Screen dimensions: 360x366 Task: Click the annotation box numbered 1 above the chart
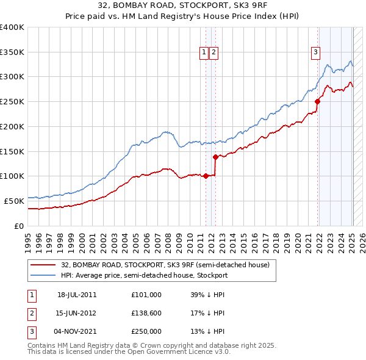[x=203, y=53]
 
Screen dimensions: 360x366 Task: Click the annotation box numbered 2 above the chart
[x=214, y=53]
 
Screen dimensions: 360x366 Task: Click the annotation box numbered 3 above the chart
[x=315, y=53]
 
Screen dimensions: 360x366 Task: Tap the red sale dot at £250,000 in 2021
[x=317, y=101]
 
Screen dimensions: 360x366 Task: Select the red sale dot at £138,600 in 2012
[x=215, y=157]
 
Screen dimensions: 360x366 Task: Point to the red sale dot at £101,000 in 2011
[x=206, y=176]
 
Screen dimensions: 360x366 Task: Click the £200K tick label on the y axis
[x=12, y=126]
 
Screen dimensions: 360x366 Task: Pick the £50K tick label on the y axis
[x=15, y=201]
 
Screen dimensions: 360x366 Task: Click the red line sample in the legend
[x=44, y=265]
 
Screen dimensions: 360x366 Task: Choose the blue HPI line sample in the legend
[x=44, y=275]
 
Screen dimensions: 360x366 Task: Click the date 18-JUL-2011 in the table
[x=77, y=295]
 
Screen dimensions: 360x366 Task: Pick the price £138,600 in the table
[x=146, y=313]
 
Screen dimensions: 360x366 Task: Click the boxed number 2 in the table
[x=30, y=313]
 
